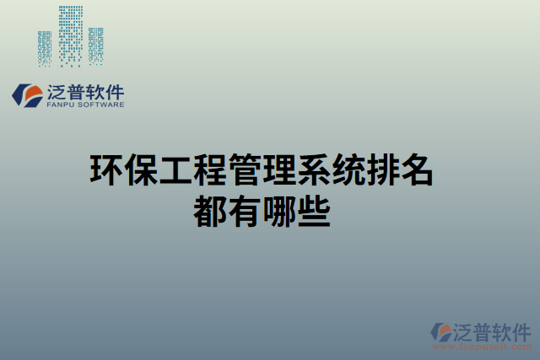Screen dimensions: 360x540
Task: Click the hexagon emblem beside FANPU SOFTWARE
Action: coord(26,94)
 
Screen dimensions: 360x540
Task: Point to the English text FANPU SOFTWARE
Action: coord(84,105)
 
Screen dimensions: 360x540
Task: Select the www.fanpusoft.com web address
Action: coord(482,345)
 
